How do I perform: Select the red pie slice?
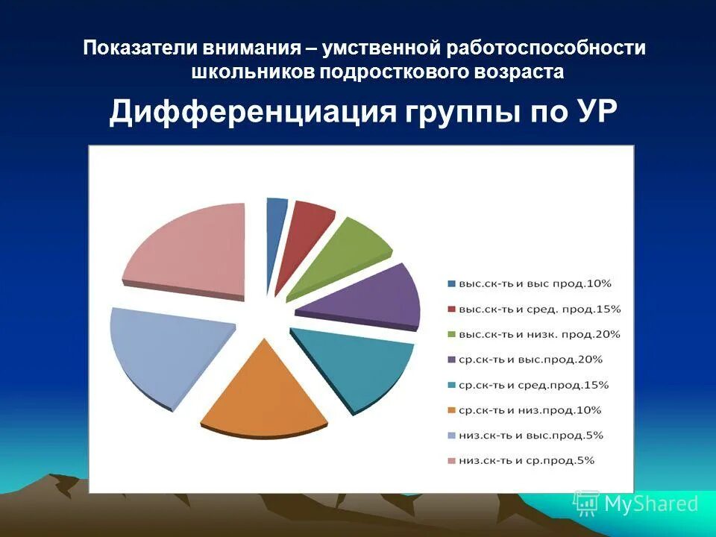306,231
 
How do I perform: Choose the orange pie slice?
265,392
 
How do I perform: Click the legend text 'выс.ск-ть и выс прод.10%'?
535,283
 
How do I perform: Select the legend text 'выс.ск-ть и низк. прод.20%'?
539,334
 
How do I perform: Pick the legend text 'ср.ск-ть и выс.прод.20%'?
530,359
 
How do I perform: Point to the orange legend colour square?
451,410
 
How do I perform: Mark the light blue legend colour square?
451,436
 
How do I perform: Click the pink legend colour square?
451,461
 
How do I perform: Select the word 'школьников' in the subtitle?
253,72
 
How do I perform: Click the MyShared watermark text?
650,503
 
